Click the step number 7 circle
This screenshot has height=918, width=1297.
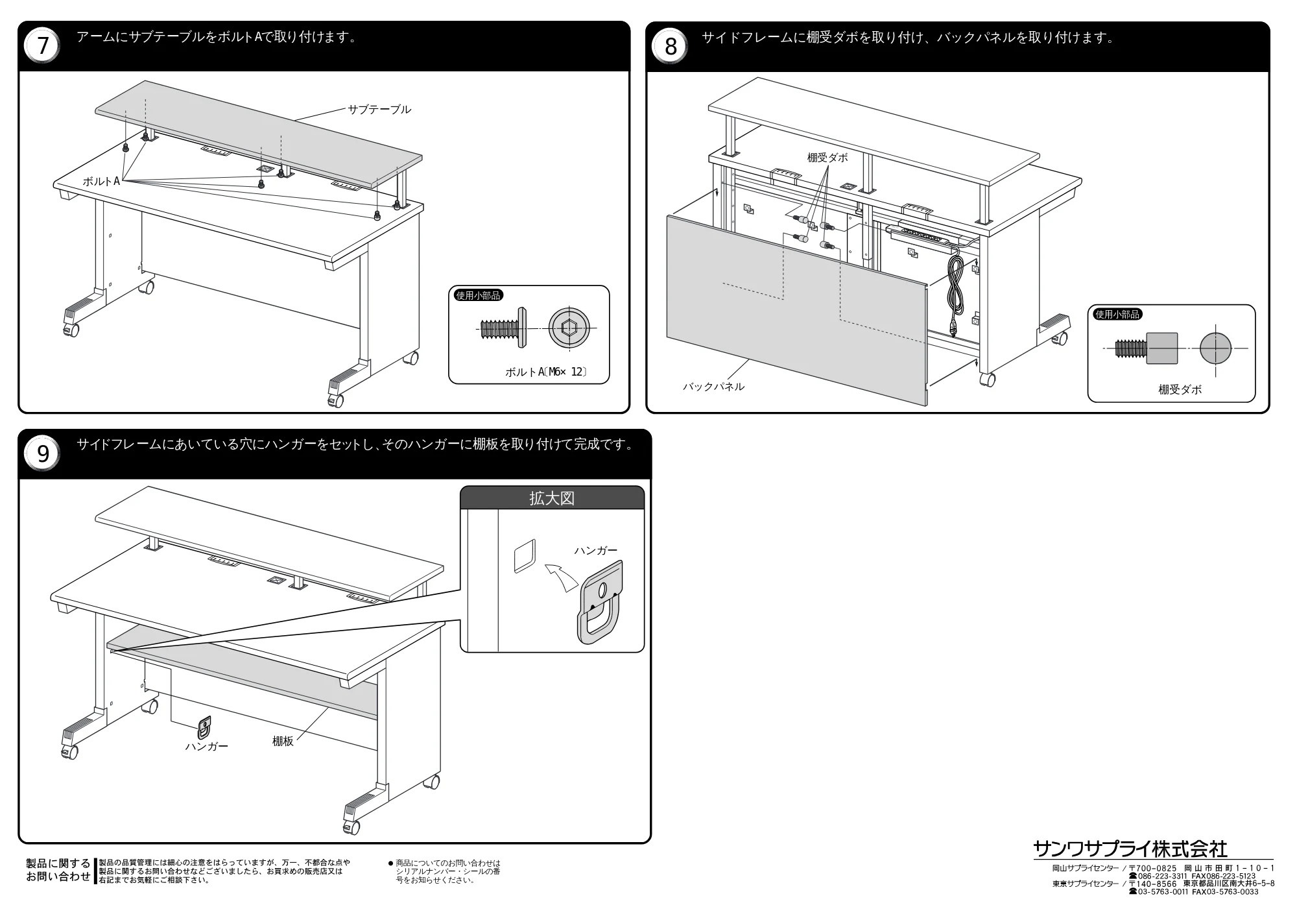(43, 46)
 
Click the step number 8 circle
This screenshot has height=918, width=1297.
(671, 47)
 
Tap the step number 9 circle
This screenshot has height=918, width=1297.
(43, 453)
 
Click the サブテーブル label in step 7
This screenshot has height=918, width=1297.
(379, 109)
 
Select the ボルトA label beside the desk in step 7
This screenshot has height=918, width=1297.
(101, 182)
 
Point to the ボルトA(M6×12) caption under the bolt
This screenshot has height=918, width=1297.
(546, 372)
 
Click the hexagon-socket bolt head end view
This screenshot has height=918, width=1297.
(569, 328)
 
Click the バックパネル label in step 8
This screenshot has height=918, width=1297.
(713, 387)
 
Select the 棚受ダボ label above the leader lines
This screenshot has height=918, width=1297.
(827, 158)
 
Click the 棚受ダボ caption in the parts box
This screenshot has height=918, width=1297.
(1180, 389)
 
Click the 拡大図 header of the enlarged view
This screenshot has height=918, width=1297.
(552, 498)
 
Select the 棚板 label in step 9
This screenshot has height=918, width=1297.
(283, 741)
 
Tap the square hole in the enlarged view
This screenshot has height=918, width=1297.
(525, 556)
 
